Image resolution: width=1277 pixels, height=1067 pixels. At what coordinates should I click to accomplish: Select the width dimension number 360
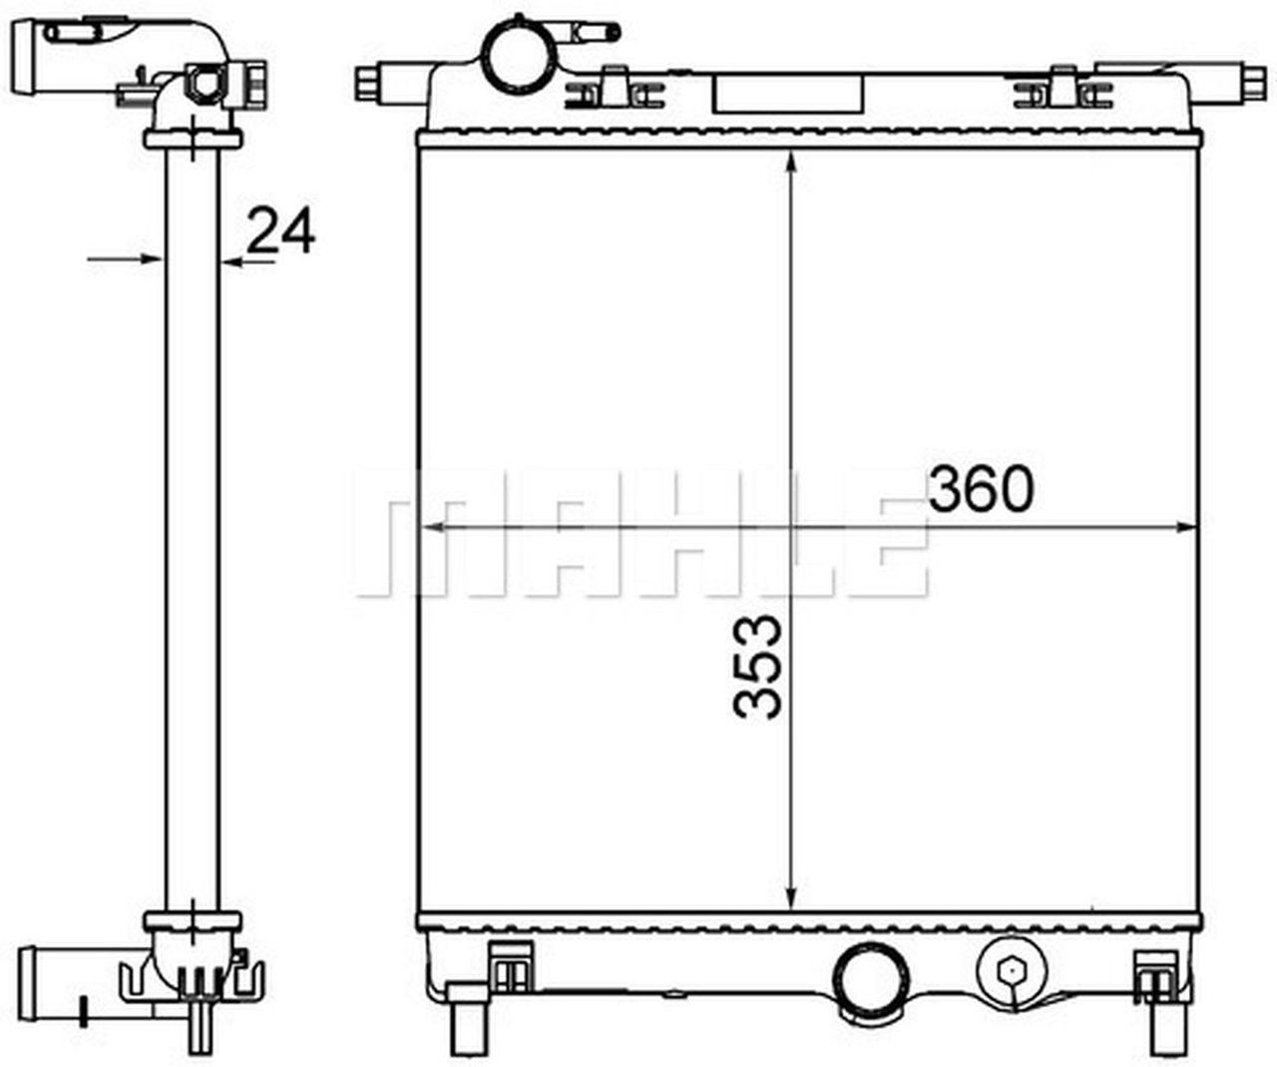(x=981, y=489)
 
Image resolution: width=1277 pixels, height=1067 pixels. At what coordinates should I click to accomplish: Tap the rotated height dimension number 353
(x=758, y=667)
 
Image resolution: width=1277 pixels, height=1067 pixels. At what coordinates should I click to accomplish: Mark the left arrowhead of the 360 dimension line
(x=431, y=528)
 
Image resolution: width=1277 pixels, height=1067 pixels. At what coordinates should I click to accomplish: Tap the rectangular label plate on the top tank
(x=788, y=92)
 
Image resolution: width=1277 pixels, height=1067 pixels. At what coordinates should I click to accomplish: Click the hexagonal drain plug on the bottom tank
(x=1011, y=969)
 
